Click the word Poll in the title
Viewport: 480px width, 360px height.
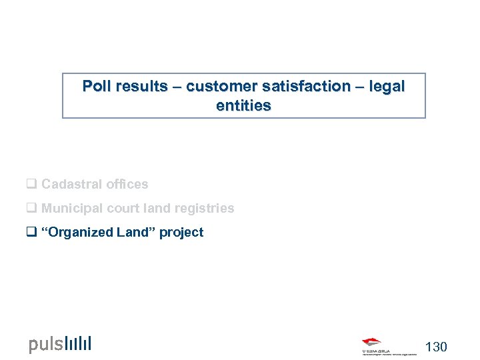coord(97,87)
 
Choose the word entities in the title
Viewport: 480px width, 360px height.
coord(243,106)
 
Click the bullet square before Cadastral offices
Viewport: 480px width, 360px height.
coord(31,184)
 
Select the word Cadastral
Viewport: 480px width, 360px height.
coord(70,184)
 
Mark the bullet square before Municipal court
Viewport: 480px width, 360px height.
coord(31,208)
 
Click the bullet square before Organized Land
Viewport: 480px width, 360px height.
coord(31,232)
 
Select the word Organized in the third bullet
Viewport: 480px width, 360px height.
coord(78,232)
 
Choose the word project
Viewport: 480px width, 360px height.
coord(182,233)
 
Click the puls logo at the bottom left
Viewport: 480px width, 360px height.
coord(60,344)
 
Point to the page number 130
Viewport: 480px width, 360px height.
coord(436,347)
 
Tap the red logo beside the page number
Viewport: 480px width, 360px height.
coord(372,342)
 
